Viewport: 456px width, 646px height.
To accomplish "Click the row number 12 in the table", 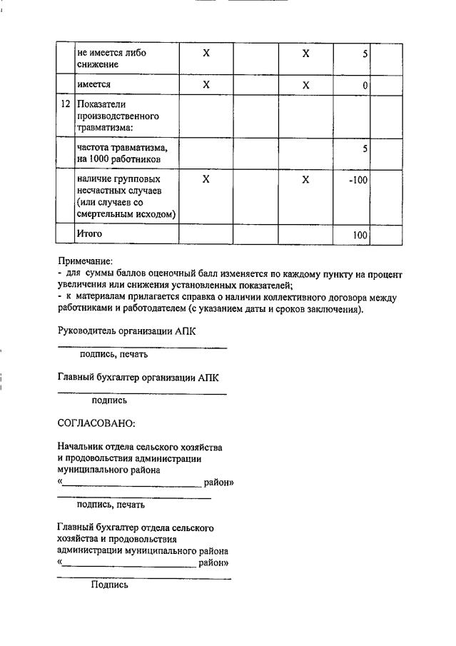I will point(65,104).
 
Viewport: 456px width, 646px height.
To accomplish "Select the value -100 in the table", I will point(358,181).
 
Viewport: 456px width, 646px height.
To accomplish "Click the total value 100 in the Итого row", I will point(360,235).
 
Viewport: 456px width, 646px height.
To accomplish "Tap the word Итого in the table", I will point(90,233).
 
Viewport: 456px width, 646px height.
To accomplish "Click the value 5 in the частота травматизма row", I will point(365,149).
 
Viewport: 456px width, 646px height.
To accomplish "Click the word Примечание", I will point(86,262).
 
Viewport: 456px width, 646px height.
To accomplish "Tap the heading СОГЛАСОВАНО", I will point(96,423).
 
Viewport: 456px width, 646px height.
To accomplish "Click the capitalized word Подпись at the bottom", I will point(109,585).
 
